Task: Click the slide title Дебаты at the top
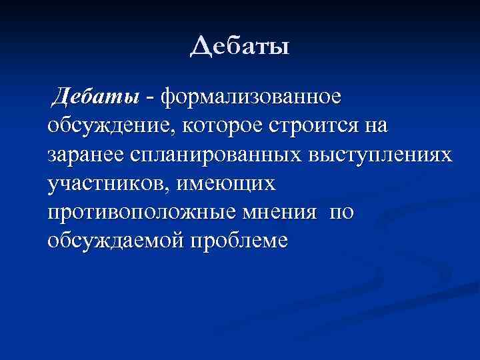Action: (240, 48)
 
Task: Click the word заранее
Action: (84, 155)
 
